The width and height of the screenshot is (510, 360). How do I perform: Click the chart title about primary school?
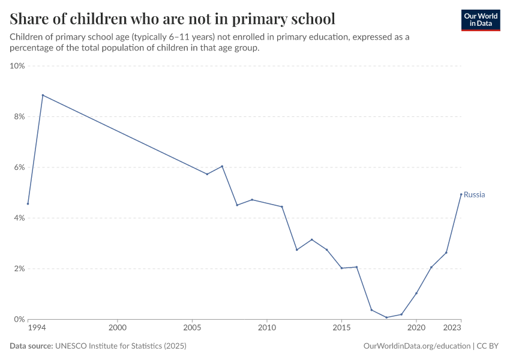coord(172,18)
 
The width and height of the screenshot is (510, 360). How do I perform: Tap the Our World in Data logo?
coord(480,20)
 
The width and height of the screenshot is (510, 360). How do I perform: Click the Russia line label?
coord(474,194)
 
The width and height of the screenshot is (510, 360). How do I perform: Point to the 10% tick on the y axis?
coord(17,66)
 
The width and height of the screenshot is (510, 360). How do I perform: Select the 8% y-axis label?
coord(19,116)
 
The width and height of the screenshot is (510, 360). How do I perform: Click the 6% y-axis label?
coord(19,167)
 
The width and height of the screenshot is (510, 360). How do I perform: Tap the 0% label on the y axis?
coord(19,319)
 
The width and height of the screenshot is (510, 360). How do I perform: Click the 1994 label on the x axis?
coord(36,329)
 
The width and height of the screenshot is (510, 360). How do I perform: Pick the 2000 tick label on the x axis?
coord(118,329)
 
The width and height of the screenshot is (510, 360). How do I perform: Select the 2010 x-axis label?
coord(267,329)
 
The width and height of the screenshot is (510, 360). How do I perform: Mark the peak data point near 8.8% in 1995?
coord(43,95)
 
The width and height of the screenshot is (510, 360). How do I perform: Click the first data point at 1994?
coord(28,203)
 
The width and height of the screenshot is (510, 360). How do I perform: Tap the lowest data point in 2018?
coord(386,317)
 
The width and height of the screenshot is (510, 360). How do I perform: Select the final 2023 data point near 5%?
coord(461,194)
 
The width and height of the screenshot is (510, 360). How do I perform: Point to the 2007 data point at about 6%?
coord(222,166)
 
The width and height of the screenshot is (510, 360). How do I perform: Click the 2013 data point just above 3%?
coord(311,239)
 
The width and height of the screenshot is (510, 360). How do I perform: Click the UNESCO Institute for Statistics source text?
coord(121,346)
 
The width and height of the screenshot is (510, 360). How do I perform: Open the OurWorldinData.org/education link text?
coord(417,346)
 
